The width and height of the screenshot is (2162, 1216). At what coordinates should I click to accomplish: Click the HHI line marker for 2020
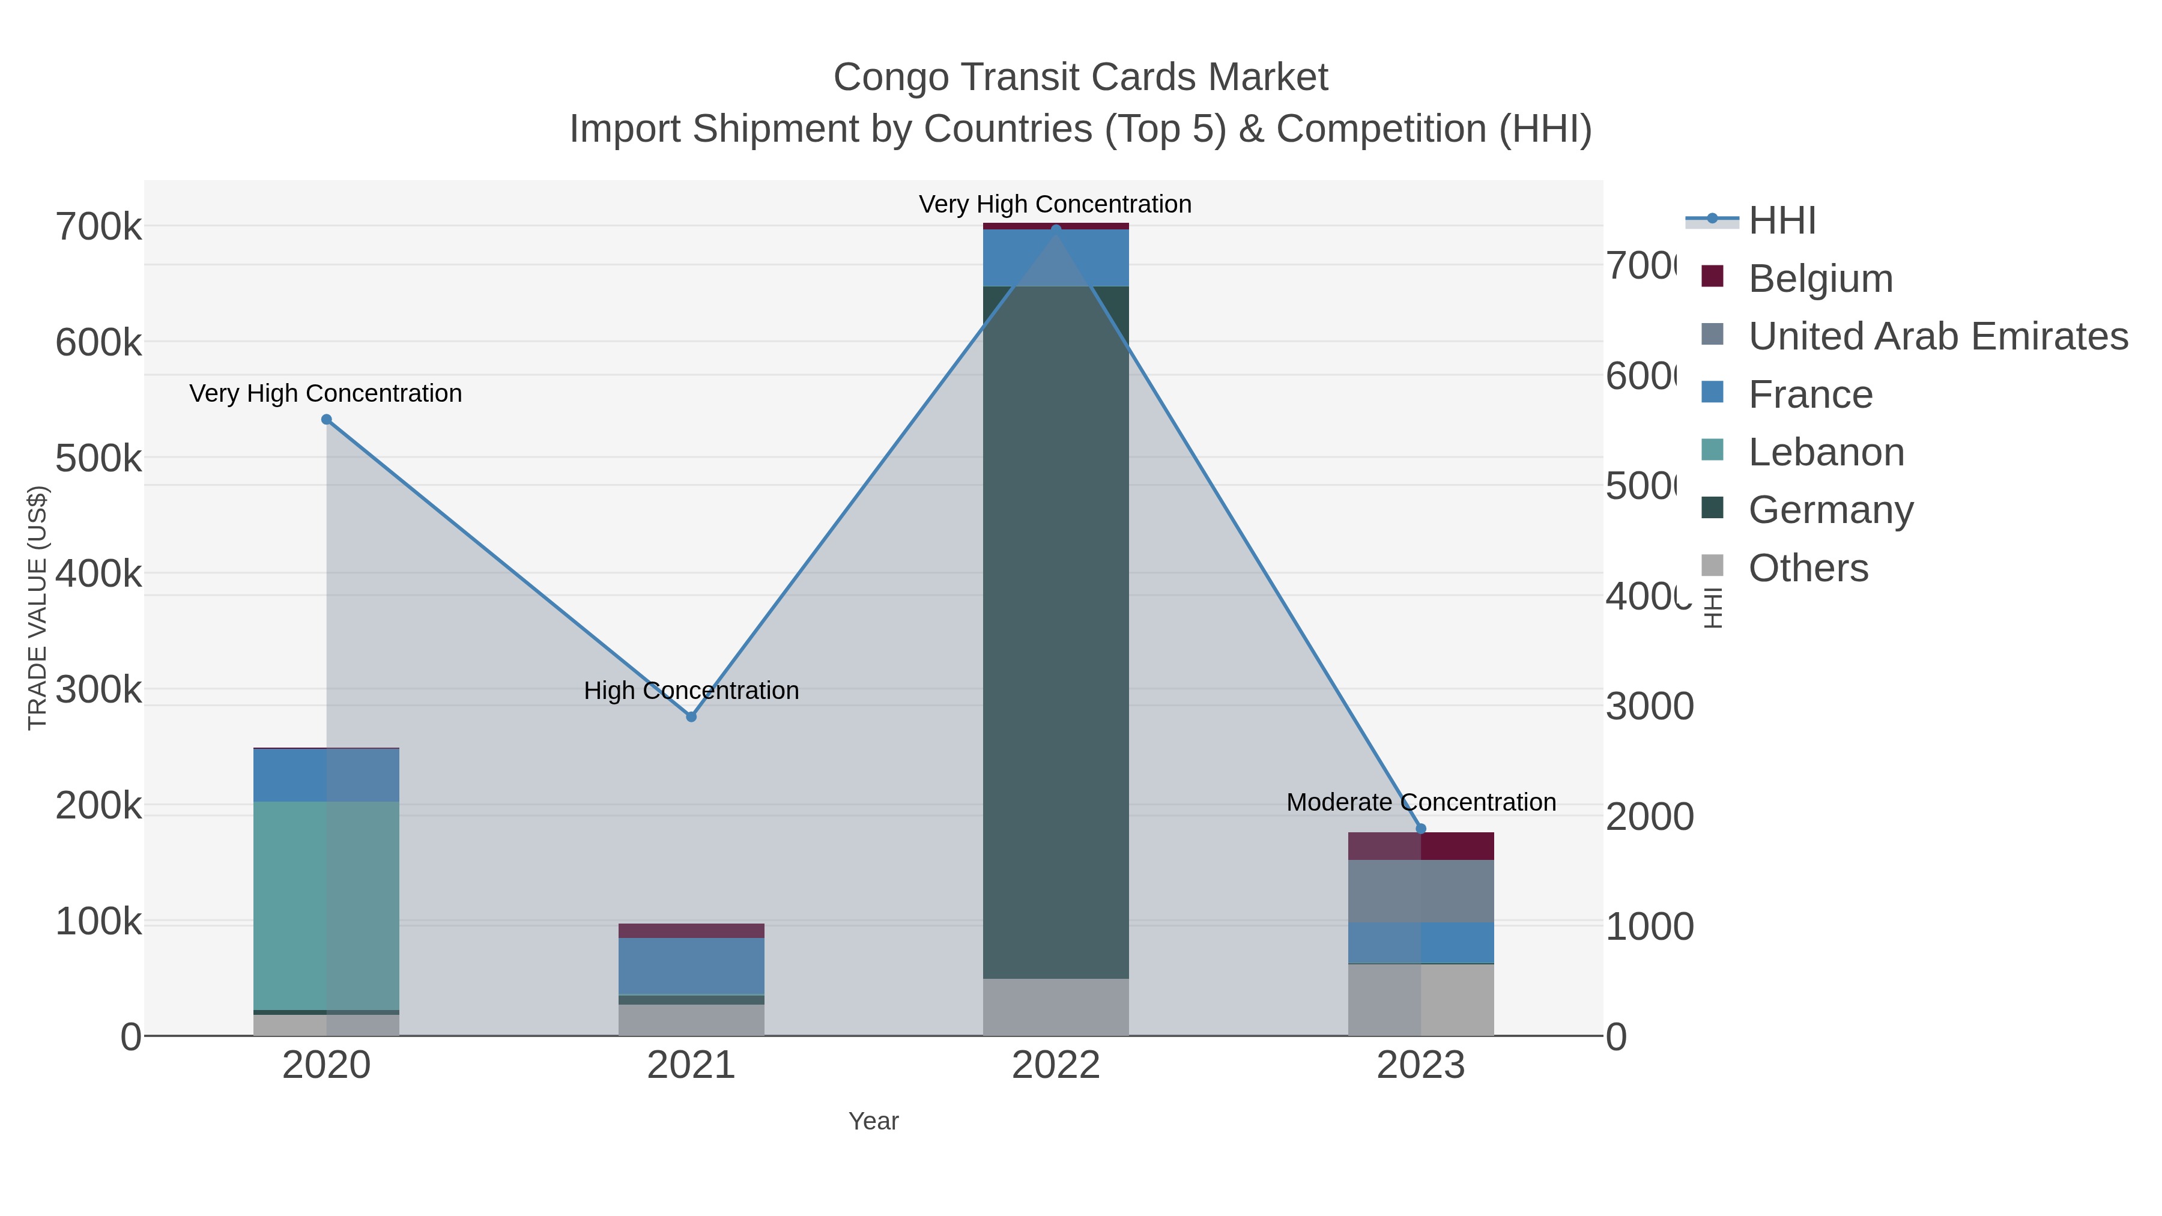327,420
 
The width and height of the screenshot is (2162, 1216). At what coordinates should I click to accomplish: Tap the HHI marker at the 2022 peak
1056,228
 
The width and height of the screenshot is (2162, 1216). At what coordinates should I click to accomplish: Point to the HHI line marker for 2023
1420,828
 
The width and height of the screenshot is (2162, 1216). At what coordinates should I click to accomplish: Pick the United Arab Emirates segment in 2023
1420,891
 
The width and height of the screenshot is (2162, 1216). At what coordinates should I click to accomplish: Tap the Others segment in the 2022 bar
1056,1006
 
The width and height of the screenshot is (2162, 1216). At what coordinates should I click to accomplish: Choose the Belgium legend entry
1820,278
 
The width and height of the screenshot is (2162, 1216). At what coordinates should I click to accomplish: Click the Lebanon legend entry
1826,452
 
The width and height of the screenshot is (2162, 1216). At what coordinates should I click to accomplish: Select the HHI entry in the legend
1781,221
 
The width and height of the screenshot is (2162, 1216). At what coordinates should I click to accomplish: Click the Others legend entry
1808,568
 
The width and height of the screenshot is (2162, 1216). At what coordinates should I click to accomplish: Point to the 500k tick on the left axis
98,458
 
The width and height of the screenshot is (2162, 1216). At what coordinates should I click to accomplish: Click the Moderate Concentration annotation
1420,802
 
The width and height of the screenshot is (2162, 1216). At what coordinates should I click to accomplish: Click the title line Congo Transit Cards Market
1080,77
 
